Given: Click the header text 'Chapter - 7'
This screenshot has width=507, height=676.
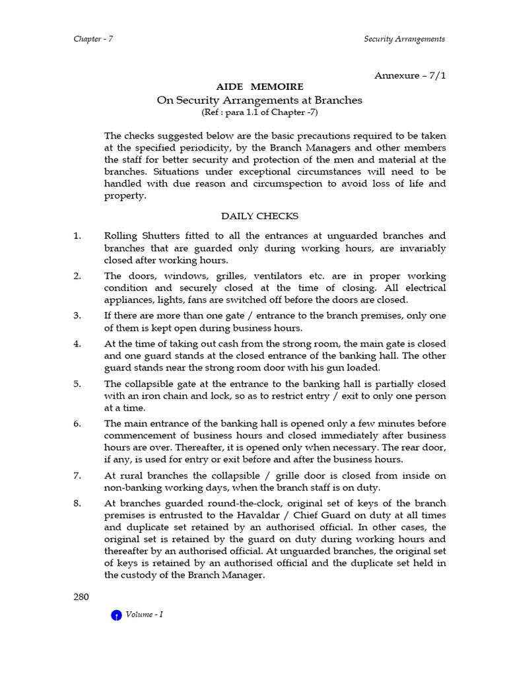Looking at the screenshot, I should pos(93,39).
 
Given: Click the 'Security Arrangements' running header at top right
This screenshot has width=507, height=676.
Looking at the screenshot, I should pos(404,39).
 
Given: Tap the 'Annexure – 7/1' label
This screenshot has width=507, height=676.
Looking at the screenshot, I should pos(410,75).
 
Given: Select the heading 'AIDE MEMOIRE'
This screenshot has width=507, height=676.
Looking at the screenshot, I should pos(260,87).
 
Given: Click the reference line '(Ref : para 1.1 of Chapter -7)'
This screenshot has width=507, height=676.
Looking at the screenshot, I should pos(259,112).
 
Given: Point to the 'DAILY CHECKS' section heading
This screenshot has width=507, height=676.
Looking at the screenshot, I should pos(259,216).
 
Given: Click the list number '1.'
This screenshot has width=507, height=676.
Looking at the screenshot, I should pos(77,236).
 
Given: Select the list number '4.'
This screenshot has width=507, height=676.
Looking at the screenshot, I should pos(77,344).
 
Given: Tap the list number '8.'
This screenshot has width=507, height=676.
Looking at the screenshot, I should pos(77,503).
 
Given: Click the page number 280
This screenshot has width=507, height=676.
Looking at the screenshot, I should pos(81,597).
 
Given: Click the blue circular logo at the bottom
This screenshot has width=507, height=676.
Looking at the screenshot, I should pos(116,615).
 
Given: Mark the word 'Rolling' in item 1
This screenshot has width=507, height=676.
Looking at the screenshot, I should pos(121,236).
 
